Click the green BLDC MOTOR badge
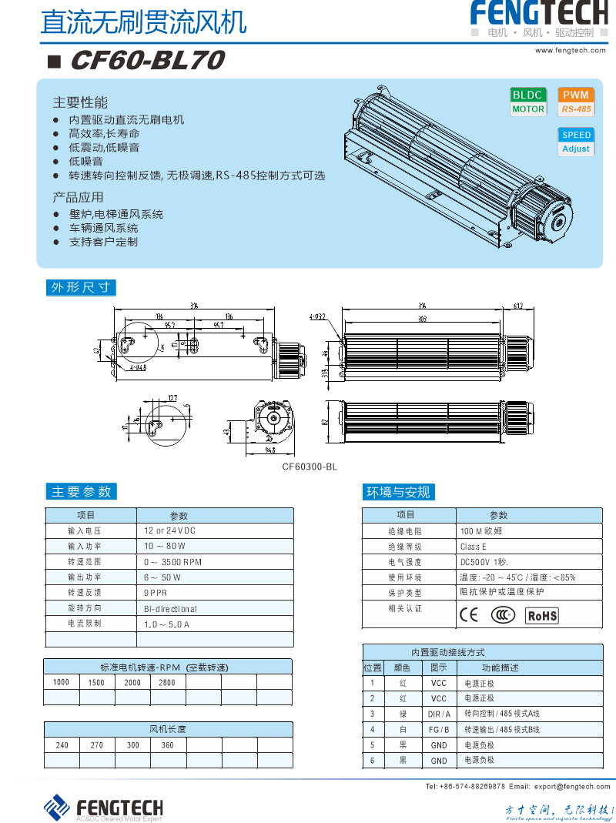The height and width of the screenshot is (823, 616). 528,102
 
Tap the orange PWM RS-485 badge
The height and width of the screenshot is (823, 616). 576,102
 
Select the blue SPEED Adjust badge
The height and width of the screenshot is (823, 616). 576,142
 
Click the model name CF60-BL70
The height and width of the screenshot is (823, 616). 147,60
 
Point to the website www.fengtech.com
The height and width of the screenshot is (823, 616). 571,50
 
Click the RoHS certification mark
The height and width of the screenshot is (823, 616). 542,615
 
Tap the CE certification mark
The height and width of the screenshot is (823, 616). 468,615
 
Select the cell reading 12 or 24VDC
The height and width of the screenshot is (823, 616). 170,531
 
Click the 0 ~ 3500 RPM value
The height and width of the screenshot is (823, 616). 173,562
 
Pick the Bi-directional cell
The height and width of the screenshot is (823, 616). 171,608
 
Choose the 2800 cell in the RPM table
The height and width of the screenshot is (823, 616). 167,682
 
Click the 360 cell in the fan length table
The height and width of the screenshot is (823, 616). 167,745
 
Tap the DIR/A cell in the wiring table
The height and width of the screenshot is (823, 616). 439,714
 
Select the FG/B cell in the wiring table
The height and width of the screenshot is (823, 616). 439,730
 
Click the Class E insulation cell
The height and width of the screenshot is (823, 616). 474,547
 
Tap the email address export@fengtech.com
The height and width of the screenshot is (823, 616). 571,786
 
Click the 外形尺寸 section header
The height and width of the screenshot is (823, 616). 81,288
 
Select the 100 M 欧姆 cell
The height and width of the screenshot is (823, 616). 481,531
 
